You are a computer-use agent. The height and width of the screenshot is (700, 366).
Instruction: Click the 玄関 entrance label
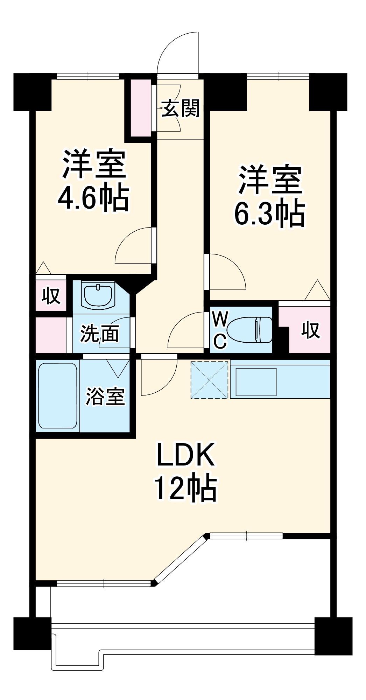pos(181,108)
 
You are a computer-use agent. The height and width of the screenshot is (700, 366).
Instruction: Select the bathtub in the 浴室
pos(57,395)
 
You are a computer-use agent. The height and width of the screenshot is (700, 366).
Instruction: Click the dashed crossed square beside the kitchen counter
pos(209,380)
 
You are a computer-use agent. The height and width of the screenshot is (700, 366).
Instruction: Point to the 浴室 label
pos(105,396)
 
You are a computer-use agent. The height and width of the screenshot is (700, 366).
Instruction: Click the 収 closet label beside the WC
pos(310,330)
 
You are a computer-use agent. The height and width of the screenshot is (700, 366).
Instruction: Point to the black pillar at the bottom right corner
pos(333,636)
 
